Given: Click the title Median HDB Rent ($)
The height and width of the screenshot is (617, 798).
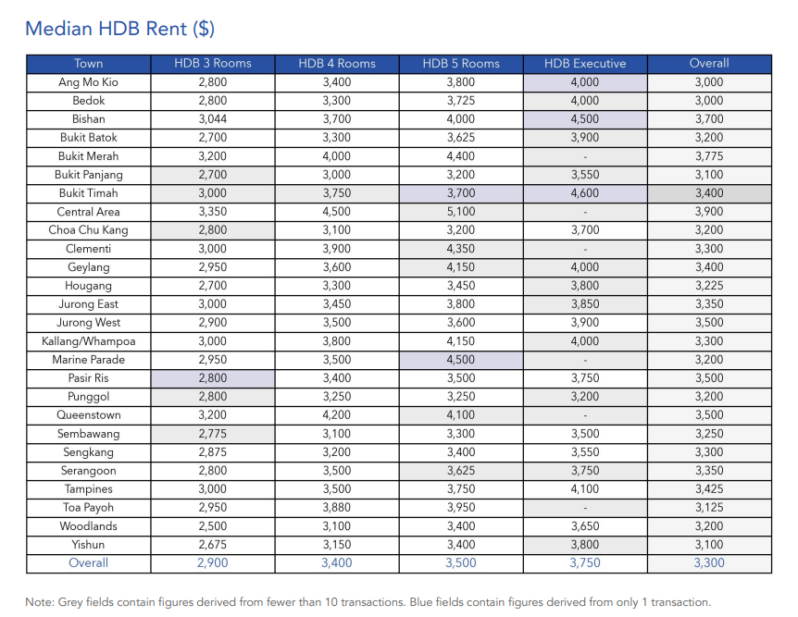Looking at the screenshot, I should pos(119,28).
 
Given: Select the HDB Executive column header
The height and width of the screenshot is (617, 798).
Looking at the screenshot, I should pos(584,64).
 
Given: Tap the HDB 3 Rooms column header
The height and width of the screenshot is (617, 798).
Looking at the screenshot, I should pos(212,64).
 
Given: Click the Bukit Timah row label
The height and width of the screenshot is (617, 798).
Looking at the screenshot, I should pos(89,193).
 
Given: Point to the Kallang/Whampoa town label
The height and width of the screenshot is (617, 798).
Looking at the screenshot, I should pos(89,341).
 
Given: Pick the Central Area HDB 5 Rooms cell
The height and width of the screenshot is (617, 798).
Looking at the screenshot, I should pos(460,212).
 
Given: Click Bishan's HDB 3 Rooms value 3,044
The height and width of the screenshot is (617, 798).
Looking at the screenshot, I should pos(212,119).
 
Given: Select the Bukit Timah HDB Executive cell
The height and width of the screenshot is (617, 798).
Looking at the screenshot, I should pos(584,193).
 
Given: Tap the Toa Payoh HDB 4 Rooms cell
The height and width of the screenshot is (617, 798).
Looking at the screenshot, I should pos(336,508).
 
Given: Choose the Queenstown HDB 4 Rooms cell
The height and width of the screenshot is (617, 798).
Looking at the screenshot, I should pos(336,415).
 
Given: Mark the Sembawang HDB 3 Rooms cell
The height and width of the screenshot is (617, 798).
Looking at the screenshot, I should pos(212,434).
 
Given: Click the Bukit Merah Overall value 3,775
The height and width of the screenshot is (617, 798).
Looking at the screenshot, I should pos(708,156).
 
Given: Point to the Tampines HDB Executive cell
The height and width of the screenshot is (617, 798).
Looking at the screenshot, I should pos(584,489).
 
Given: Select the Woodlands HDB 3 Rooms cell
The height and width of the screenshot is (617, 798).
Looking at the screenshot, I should pos(212,526).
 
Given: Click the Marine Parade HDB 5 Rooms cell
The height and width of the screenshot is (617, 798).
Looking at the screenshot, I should pos(460,360).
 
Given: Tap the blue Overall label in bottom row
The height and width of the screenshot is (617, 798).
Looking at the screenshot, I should pos(89,563).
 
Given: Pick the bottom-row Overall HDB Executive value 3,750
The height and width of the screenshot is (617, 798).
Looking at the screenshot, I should pos(584,563).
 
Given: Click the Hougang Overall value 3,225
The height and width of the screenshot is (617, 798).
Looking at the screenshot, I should pos(708,286).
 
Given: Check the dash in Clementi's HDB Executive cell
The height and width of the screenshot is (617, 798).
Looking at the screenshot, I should pos(584,249).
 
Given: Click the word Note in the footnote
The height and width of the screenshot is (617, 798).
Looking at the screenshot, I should pos(40,602).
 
